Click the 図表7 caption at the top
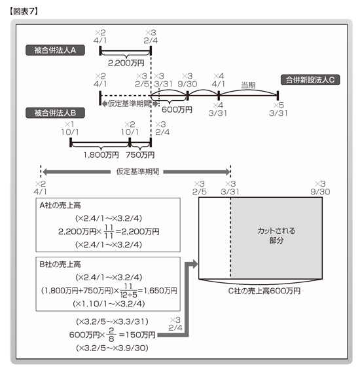tap(24, 11)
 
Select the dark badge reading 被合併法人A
tap(55, 50)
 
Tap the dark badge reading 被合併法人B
tap(55, 113)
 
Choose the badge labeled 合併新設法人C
tap(310, 80)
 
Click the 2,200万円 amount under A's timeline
tap(126, 63)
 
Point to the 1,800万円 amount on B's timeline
tap(101, 155)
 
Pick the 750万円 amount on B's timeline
tap(140, 155)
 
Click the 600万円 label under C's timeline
tap(177, 109)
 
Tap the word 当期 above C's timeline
tap(248, 85)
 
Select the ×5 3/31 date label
tap(278, 109)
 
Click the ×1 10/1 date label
tap(70, 128)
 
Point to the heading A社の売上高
tap(60, 205)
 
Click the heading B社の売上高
tap(60, 265)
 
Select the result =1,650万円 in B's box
tap(157, 290)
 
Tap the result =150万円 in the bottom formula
tap(137, 335)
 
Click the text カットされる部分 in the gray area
tap(276, 236)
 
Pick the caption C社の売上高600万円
tap(264, 291)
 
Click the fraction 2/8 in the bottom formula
tap(111, 335)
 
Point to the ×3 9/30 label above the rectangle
tap(320, 188)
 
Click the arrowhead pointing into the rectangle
tap(195, 264)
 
